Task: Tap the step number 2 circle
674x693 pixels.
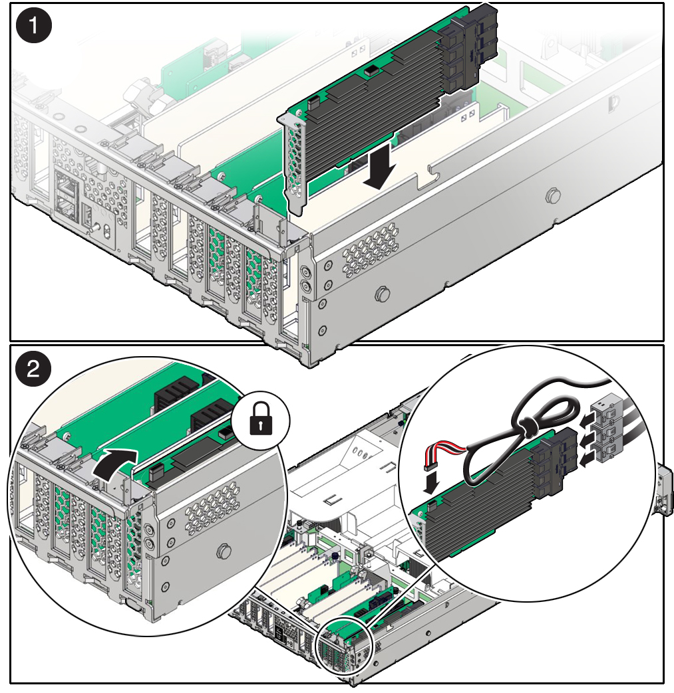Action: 34,368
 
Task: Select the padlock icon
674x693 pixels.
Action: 261,418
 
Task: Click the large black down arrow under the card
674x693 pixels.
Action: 380,166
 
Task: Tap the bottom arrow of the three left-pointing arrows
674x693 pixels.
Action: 587,460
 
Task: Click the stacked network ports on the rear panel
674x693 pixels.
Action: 65,193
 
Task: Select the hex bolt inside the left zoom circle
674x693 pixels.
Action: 224,552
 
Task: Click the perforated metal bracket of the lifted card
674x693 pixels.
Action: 295,165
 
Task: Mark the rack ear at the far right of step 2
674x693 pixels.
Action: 664,489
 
